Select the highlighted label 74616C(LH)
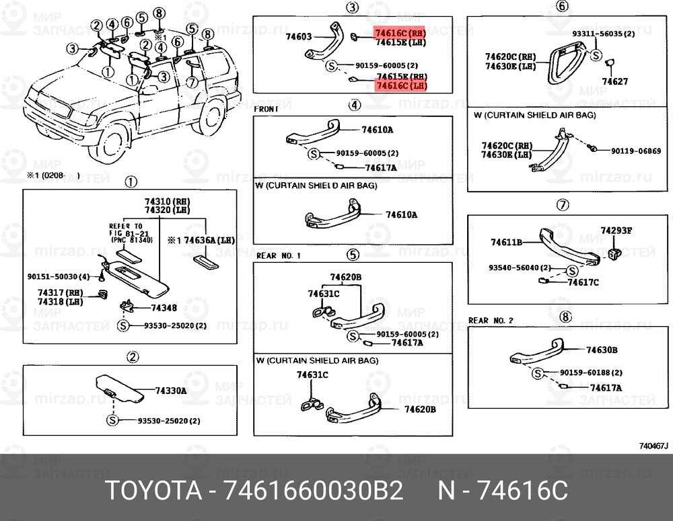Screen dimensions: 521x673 400,86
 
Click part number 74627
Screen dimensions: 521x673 614,81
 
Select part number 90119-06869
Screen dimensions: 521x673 635,151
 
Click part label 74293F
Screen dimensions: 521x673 616,231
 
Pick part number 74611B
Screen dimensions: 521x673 507,242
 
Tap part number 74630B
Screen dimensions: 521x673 602,350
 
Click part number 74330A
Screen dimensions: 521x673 171,391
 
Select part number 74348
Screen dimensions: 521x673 164,307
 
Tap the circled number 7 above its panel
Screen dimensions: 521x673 563,205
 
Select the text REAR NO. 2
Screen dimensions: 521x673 491,321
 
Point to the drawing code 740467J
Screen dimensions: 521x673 653,445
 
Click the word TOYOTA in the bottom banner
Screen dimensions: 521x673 154,490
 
